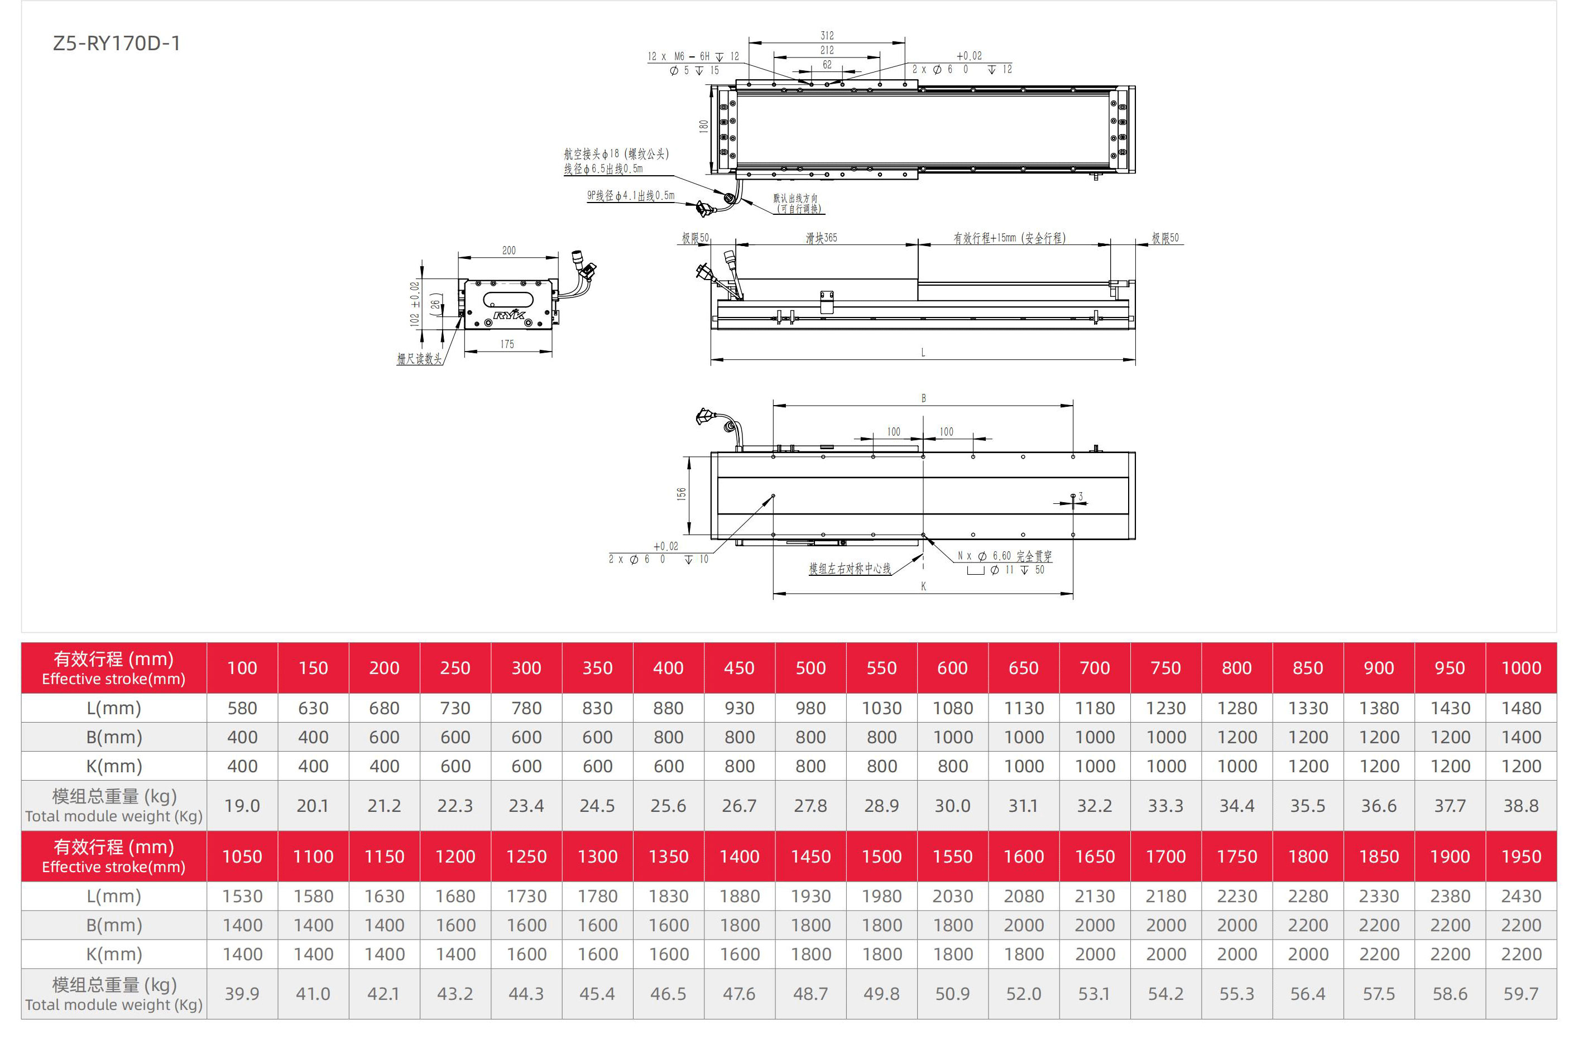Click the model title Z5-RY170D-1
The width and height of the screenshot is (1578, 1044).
(x=117, y=44)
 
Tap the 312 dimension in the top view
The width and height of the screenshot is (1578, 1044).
(x=827, y=35)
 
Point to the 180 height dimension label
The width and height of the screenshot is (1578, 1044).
(x=703, y=126)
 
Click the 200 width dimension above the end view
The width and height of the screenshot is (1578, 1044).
(x=509, y=251)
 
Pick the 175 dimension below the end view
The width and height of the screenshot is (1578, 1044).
(x=507, y=344)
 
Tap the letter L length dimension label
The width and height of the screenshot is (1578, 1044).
(x=923, y=352)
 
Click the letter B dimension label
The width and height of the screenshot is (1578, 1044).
(x=923, y=398)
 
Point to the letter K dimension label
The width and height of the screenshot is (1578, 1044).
(x=923, y=586)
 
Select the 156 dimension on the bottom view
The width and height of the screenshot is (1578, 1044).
(x=681, y=493)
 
